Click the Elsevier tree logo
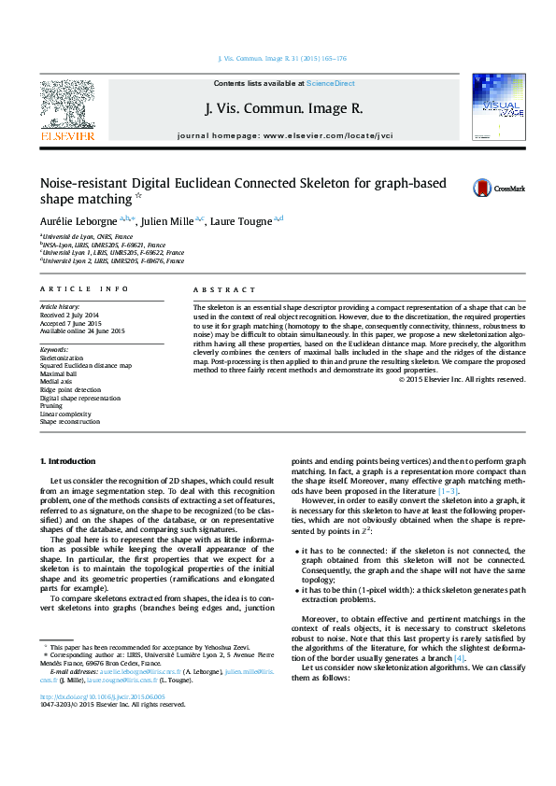[x=67, y=108]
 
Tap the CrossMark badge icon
[x=482, y=189]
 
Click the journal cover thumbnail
[x=498, y=109]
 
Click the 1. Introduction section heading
[x=67, y=461]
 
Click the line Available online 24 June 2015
[x=82, y=330]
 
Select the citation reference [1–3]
[x=449, y=490]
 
